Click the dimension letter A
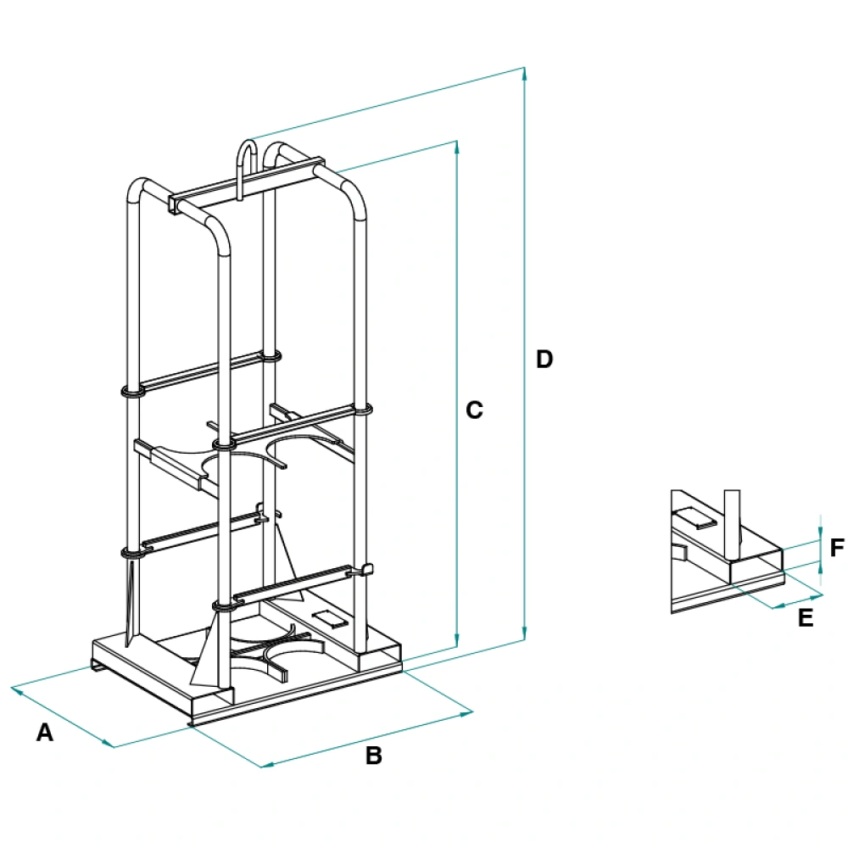pos(45,733)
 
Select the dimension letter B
pos(374,756)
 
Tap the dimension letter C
pos(475,410)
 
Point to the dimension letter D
pos(544,359)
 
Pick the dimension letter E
pos(806,618)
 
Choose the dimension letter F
pos(837,548)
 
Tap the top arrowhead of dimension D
pos(526,72)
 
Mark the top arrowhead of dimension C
pos(458,147)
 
